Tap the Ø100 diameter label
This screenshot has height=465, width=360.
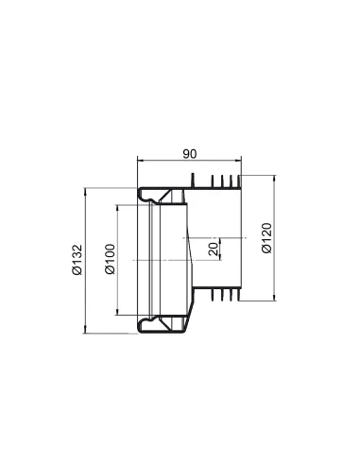click(110, 259)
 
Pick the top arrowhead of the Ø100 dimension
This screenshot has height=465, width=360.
click(119, 209)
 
